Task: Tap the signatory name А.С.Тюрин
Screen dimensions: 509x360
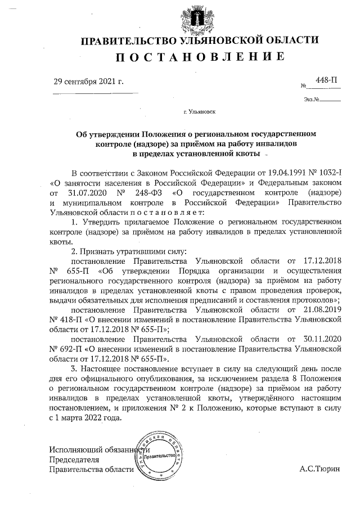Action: coord(320,469)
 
